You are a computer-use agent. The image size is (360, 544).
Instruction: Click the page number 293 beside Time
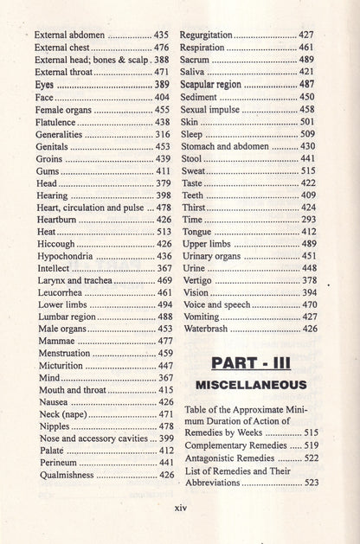coord(308,221)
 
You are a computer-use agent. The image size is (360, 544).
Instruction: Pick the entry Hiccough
coord(56,245)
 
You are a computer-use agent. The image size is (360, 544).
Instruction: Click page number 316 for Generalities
coord(162,135)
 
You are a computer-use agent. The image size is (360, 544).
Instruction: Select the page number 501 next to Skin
coord(307,122)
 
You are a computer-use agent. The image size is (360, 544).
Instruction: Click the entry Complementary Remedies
coord(231,445)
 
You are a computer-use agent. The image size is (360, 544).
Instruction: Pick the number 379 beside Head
coord(163,184)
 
